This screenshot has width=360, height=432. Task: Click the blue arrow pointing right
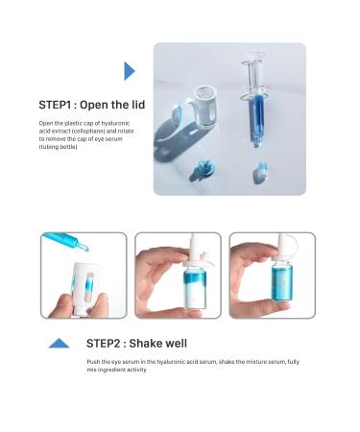pyautogui.click(x=130, y=71)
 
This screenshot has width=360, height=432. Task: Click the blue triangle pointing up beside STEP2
pyautogui.click(x=59, y=343)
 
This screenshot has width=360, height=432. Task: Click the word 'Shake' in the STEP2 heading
pyautogui.click(x=149, y=343)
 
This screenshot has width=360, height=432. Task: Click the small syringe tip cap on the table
pyautogui.click(x=260, y=174)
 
